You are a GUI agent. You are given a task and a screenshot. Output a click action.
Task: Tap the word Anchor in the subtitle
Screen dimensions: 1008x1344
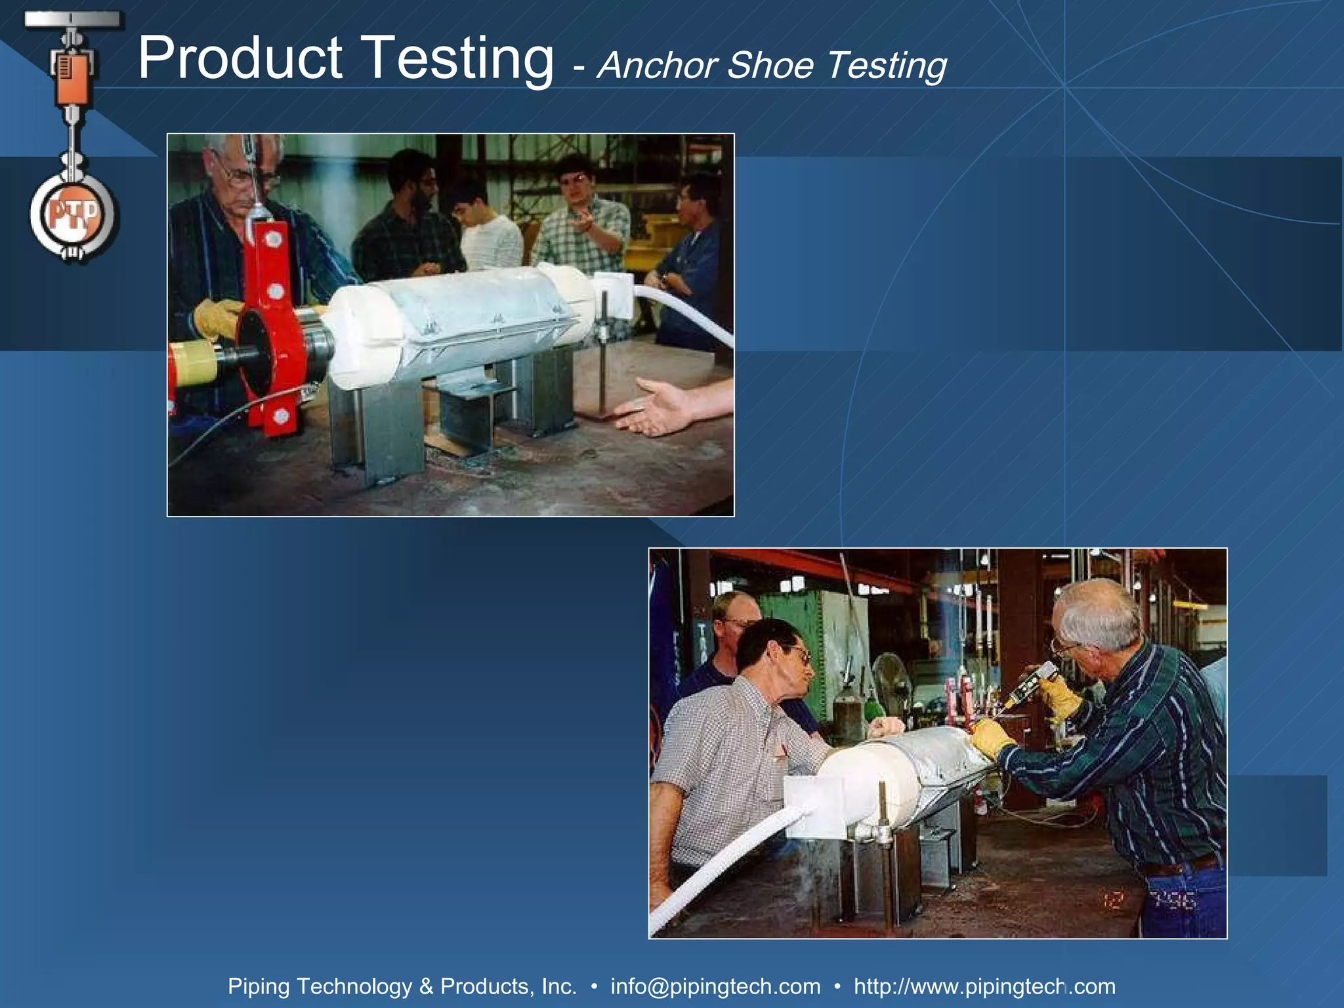657,66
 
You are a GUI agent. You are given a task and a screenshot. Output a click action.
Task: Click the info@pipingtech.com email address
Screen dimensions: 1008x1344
715,986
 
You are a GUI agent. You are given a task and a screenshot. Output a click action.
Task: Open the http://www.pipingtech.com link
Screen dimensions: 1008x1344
984,986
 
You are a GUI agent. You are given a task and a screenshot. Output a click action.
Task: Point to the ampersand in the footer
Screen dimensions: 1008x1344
426,986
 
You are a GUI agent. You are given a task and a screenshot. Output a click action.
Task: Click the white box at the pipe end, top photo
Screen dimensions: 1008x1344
614,295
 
